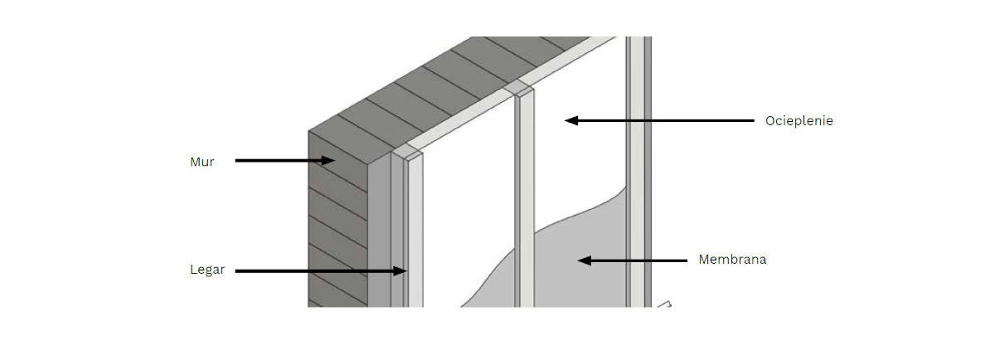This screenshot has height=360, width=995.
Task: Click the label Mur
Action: pos(202,162)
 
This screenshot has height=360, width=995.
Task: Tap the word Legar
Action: pos(207,270)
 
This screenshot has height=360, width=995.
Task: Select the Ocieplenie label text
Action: pos(798,121)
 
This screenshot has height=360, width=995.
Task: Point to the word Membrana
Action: pos(732,260)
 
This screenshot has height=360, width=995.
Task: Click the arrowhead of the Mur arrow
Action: pos(328,160)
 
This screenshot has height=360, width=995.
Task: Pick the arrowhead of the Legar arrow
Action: pos(400,270)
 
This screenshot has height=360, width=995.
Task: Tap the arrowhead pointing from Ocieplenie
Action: pos(571,120)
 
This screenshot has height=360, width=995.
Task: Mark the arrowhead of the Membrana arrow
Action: pos(585,260)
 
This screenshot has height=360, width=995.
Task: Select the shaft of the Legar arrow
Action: pos(314,270)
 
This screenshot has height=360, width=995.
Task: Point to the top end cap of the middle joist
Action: pos(519,88)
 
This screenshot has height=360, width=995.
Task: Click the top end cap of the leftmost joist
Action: pos(407,153)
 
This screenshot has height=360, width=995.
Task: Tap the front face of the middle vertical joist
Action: pos(527,200)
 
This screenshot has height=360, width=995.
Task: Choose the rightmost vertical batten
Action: pos(638,172)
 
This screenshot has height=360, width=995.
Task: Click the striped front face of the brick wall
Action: pos(338,222)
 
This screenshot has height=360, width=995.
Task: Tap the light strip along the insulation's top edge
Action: pos(511,91)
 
